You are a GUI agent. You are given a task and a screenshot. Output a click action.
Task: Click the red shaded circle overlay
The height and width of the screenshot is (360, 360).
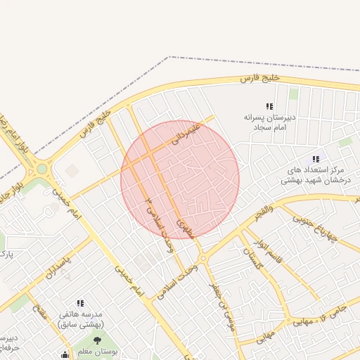[x=180, y=179]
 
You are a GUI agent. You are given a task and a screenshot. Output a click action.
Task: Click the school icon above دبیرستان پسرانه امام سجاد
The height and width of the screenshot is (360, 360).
[x=269, y=106]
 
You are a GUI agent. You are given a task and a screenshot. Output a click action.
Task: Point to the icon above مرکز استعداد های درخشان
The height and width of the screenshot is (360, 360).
[x=316, y=159]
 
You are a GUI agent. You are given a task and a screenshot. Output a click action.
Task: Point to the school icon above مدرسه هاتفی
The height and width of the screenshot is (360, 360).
[x=80, y=302]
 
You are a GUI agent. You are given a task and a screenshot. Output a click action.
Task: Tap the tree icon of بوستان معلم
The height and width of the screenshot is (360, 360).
[x=98, y=342]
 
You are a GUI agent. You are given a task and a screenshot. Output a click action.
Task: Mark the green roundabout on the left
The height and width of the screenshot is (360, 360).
[x=43, y=169]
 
